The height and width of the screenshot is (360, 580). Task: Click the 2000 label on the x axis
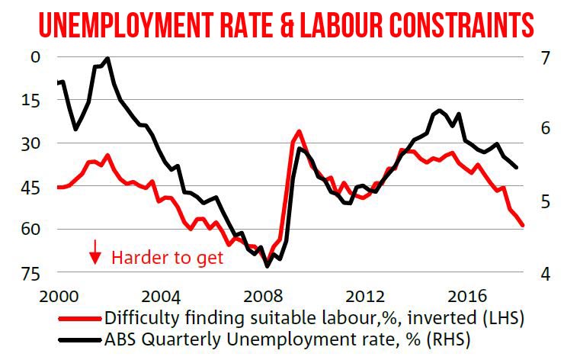click(60, 294)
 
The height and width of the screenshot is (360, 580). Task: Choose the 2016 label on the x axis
click(469, 294)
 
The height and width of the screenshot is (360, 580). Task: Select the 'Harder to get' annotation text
click(168, 257)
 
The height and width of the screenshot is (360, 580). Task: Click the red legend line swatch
click(79, 318)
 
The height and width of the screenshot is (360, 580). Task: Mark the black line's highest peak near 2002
click(107, 59)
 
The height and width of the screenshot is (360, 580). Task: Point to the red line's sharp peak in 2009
click(299, 131)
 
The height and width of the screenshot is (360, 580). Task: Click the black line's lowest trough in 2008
click(268, 266)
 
